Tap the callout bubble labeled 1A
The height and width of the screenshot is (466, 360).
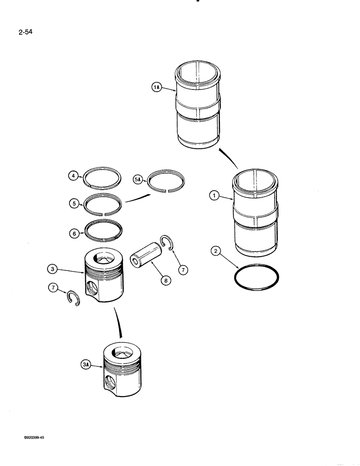click(157, 87)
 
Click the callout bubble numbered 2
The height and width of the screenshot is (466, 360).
click(215, 252)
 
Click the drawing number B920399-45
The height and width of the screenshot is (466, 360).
click(31, 438)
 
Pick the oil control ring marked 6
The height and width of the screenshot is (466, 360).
click(104, 230)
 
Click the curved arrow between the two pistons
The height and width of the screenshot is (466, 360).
click(119, 324)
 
